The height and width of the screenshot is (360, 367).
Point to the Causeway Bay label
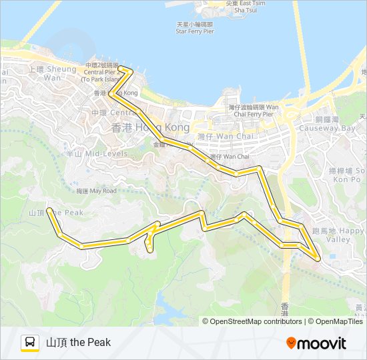click(327, 124)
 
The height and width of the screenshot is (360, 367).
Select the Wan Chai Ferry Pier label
click(254, 110)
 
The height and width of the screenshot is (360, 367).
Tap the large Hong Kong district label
click(150, 127)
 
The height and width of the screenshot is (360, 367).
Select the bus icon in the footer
click(30, 343)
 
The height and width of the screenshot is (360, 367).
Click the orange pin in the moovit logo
click(292, 343)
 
